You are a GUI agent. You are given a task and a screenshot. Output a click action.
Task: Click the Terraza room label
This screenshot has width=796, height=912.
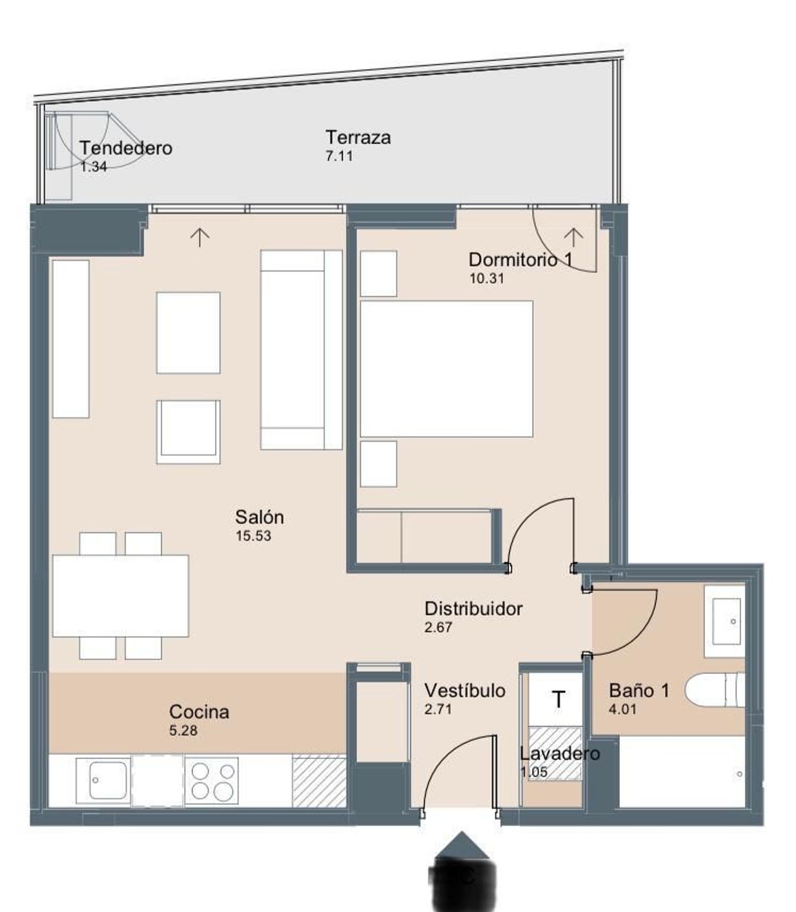coord(358,137)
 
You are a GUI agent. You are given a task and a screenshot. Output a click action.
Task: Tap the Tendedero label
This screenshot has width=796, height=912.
coord(126,148)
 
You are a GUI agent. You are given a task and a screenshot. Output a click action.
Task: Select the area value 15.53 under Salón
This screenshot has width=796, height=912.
coord(254,536)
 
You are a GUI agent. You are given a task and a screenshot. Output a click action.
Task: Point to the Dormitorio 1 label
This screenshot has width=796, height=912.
coord(521,260)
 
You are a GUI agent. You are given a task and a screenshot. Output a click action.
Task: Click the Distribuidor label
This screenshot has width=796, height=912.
coord(473,609)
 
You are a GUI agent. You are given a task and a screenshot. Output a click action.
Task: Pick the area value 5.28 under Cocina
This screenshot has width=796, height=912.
coord(183,731)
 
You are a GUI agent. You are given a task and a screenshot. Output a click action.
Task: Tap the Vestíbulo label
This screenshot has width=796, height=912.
coord(465,690)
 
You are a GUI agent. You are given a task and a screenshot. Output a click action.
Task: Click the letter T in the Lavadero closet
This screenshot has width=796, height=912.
coord(558,700)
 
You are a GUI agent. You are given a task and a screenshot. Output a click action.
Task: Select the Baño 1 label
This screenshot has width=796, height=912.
coord(639,690)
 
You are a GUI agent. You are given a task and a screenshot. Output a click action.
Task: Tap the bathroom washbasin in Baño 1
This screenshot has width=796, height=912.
coord(726,621)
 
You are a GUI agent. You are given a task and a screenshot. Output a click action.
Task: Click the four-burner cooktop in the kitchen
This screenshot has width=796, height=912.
coord(212,780)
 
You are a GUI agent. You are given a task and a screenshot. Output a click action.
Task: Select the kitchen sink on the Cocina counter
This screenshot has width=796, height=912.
coord(103,780)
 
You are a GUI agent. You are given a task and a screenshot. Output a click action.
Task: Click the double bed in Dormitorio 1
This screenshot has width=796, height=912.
coord(446,369)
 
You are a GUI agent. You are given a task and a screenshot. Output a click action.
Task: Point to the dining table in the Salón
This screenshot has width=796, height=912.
coord(120,596)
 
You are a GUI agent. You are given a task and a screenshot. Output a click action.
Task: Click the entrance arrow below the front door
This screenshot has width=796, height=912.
coord(462,845)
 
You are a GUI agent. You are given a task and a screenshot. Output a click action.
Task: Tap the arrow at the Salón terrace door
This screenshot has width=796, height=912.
coord(200,237)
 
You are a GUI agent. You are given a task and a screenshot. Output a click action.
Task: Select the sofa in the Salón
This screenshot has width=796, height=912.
coord(301,350)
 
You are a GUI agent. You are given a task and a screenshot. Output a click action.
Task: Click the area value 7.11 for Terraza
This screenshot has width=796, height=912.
coord(339,156)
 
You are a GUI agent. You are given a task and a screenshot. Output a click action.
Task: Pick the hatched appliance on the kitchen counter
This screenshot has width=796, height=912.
coord(319,780)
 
